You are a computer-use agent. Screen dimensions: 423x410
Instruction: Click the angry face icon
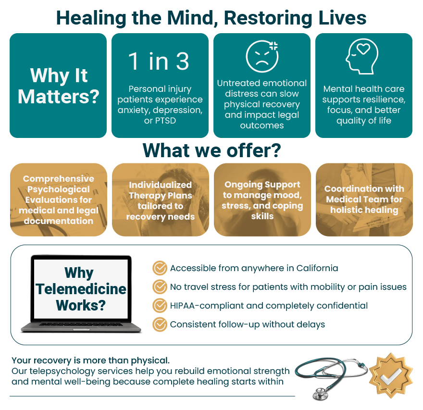coord(261,57)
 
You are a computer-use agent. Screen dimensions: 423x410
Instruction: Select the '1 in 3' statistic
coord(159,61)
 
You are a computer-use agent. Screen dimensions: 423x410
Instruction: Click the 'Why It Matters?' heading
coord(59,86)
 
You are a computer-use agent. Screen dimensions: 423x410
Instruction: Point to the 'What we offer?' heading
coord(211,150)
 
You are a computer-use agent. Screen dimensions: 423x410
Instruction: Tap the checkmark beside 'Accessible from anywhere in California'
coord(160,268)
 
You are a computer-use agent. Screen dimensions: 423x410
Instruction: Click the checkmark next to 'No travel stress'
coord(160,287)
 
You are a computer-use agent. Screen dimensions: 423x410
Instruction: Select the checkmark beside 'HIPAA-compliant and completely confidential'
coord(160,305)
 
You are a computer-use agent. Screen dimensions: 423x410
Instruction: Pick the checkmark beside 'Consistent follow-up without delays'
coord(160,324)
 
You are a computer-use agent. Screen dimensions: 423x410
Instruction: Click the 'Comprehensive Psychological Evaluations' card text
coord(59,199)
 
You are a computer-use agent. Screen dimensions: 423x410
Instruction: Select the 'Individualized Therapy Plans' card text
coord(160,200)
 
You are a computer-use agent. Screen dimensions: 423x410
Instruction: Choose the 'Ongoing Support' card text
coord(262,200)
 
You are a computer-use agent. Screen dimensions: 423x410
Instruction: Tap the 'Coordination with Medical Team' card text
coord(364,199)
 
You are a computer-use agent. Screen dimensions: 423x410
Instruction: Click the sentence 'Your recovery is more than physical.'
coord(91,360)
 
